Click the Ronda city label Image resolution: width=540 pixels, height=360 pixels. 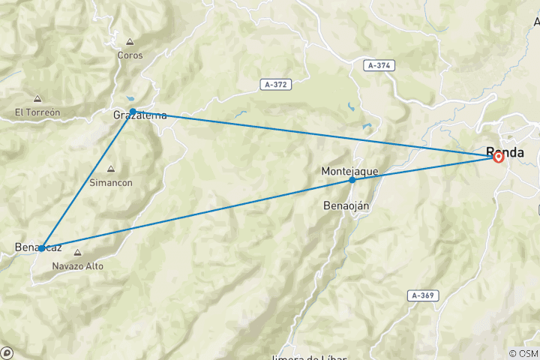coord(506,151)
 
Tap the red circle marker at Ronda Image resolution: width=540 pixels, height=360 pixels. coord(498,157)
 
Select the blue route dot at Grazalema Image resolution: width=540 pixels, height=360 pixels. coord(133,112)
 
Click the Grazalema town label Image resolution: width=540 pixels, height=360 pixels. coord(139,115)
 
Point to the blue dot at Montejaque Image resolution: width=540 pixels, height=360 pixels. coord(352,180)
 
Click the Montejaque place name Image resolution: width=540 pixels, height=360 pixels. coord(349,171)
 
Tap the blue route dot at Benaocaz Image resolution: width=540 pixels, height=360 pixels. coord(43,247)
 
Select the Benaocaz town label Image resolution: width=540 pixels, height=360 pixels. coord(38,247)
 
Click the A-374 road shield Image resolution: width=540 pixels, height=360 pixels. coord(379,66)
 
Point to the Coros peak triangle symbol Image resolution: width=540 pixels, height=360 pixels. coord(130,42)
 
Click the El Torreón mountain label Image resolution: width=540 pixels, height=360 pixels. coord(37,112)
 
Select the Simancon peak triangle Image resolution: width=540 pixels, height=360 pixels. coord(111,169)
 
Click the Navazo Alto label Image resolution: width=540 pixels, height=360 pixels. coord(78,265)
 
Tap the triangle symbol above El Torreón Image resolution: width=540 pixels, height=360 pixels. coord(37,99)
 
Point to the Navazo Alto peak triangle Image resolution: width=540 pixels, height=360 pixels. coord(77,253)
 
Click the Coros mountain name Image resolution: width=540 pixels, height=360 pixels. coord(130,55)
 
